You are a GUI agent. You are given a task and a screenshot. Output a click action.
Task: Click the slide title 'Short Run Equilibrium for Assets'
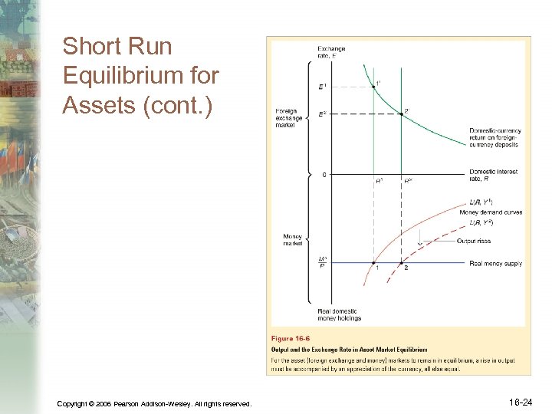pyautogui.click(x=140, y=75)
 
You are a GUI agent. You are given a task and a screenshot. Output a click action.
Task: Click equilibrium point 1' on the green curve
pyautogui.click(x=373, y=87)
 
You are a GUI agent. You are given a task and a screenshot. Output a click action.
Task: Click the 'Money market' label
pyautogui.click(x=292, y=240)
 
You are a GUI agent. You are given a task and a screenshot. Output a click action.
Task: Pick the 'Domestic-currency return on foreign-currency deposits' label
pyautogui.click(x=494, y=137)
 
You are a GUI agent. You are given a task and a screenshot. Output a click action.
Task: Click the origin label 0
pyautogui.click(x=324, y=175)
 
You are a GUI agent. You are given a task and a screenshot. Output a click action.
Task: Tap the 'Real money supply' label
pyautogui.click(x=495, y=264)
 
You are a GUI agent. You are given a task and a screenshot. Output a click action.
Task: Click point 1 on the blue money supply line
pyautogui.click(x=373, y=264)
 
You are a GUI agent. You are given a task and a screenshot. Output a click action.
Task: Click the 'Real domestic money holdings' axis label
pyautogui.click(x=339, y=314)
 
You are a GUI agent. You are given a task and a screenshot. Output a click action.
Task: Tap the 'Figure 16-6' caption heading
pyautogui.click(x=292, y=338)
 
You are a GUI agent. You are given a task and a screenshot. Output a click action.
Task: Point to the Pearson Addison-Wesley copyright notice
pyautogui.click(x=154, y=403)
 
